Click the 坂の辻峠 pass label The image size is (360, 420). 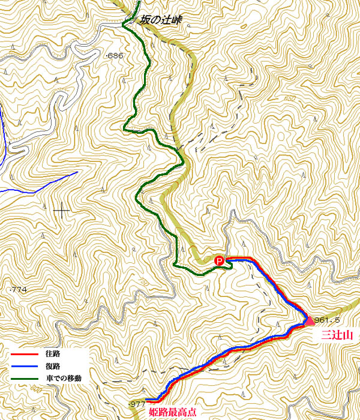pyautogui.click(x=160, y=20)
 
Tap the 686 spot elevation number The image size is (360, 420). pyautogui.click(x=115, y=56)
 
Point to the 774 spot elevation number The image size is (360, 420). pyautogui.click(x=20, y=290)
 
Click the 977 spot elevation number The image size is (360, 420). pyautogui.click(x=138, y=404)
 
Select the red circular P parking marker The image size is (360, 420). pyautogui.click(x=220, y=261)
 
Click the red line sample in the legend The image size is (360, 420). pyautogui.click(x=23, y=354)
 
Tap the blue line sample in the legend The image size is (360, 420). pyautogui.click(x=23, y=366)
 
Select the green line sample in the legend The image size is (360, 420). pyautogui.click(x=23, y=379)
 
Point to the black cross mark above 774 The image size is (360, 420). pyautogui.click(x=61, y=211)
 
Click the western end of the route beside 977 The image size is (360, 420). pyautogui.click(x=147, y=400)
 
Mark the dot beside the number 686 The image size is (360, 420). pyautogui.click(x=106, y=56)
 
